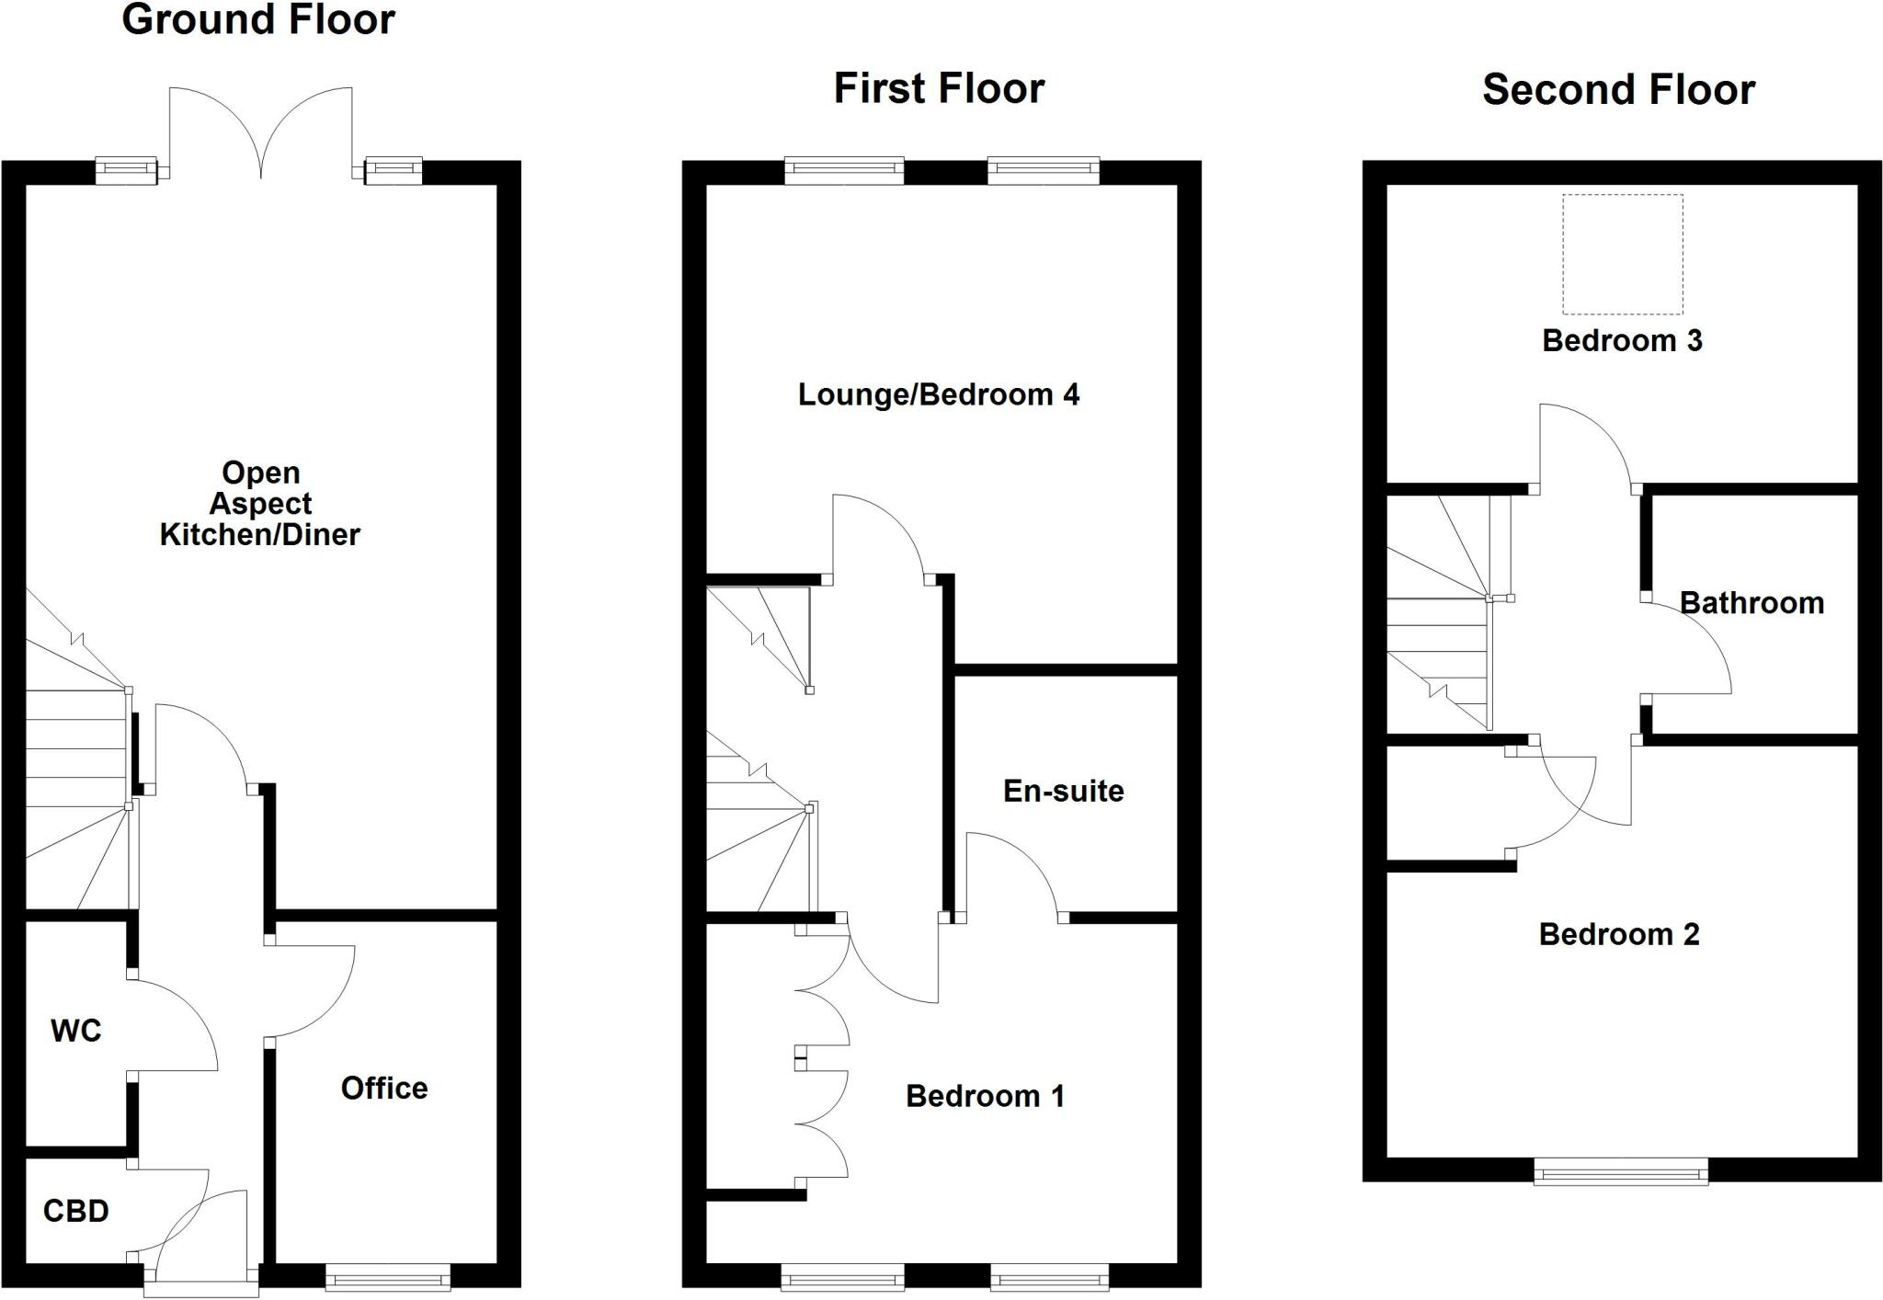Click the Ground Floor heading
coord(258,20)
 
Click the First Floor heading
coord(939,89)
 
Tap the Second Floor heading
coord(1618,90)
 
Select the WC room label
coord(75,1031)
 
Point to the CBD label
coord(75,1211)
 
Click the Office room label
coord(384,1089)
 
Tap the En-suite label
coord(1063,791)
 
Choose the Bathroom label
coord(1752,603)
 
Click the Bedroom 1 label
coord(985,1096)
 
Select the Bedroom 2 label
coord(1619,934)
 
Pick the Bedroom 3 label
coord(1622,340)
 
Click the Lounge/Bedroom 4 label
coord(938,394)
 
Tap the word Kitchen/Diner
coord(260,534)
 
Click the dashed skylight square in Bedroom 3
coord(1623,255)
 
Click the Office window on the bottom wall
coord(388,1276)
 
